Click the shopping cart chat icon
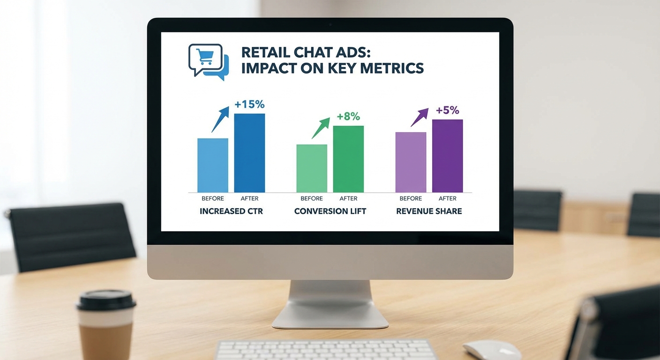[x=208, y=62]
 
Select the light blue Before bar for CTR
[x=213, y=165]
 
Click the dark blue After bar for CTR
[x=249, y=153]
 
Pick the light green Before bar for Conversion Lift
[x=312, y=168]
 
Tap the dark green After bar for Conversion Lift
[x=349, y=159]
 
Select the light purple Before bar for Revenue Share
[x=411, y=162]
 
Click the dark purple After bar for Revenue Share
[x=448, y=156]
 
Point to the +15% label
[x=249, y=104]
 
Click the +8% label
[x=349, y=116]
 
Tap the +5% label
[x=448, y=110]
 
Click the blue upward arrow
[x=220, y=119]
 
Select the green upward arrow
[x=321, y=128]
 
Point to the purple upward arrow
[x=420, y=117]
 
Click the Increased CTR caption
[x=231, y=211]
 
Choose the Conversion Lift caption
[x=330, y=211]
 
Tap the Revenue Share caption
[x=429, y=211]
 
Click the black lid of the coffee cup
[x=106, y=300]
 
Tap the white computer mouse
[x=491, y=350]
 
